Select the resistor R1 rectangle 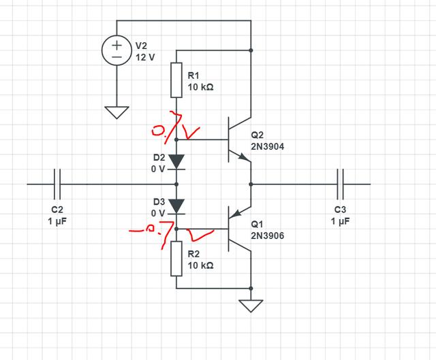pyautogui.click(x=176, y=79)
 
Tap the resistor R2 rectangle pyautogui.click(x=176, y=258)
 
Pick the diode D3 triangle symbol pyautogui.click(x=176, y=206)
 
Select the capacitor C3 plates pyautogui.click(x=340, y=184)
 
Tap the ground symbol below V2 pyautogui.click(x=117, y=112)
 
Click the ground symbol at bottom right pyautogui.click(x=251, y=305)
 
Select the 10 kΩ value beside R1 pyautogui.click(x=201, y=87)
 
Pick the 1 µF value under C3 pyautogui.click(x=341, y=222)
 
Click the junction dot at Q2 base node pyautogui.click(x=176, y=139)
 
